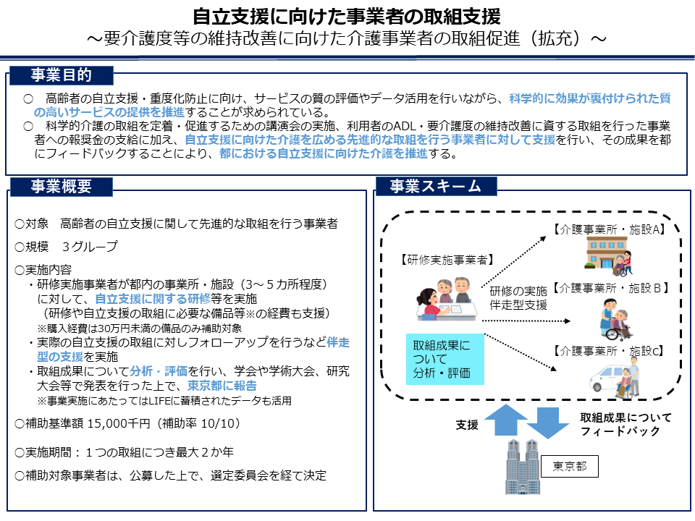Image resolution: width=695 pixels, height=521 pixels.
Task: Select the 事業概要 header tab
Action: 61,187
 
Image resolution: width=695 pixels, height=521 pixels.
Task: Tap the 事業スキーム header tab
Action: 436,187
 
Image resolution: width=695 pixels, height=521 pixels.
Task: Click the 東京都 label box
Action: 569,465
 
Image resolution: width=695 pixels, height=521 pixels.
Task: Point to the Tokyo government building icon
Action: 523,467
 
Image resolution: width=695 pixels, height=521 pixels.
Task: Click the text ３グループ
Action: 90,246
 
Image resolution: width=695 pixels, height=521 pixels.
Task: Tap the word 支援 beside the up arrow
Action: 467,425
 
